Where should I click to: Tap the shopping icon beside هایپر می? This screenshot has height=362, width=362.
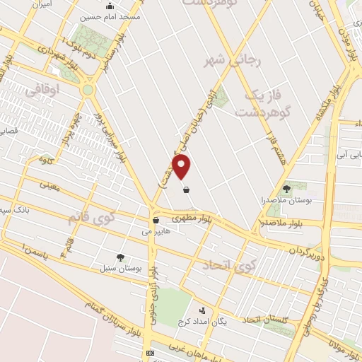coord(155,220)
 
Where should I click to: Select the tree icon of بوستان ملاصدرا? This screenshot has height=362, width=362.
coord(286,189)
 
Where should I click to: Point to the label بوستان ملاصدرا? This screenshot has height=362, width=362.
coord(284,200)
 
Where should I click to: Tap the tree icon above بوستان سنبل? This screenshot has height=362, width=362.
coord(120,258)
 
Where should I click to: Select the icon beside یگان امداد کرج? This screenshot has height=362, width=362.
coord(203,310)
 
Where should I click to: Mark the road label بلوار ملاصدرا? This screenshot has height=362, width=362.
coord(281,223)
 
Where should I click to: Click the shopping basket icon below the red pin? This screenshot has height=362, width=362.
coord(185,189)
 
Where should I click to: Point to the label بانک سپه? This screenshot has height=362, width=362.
coord(14,210)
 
